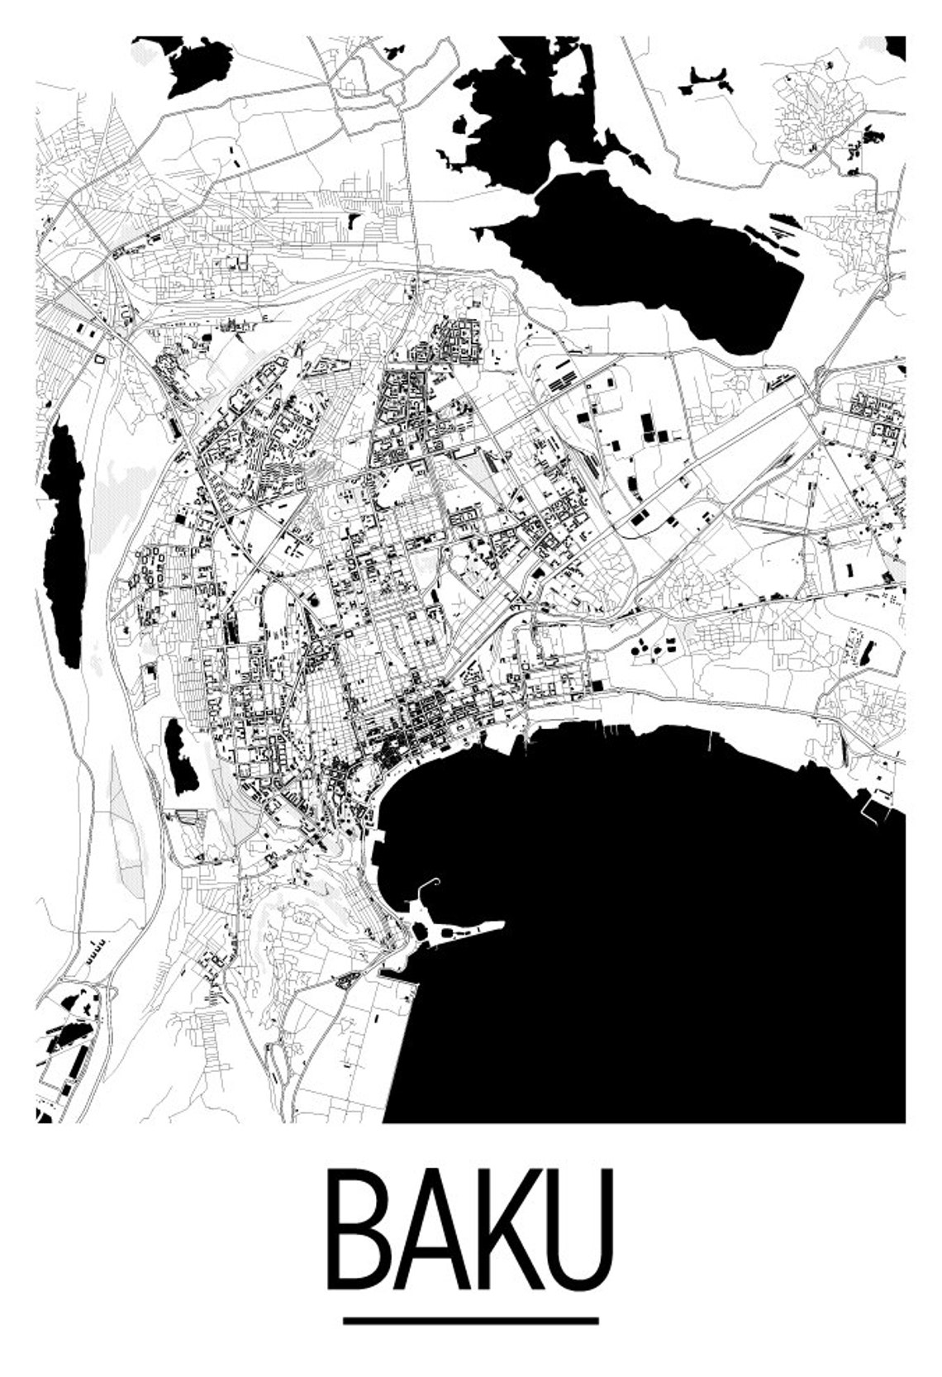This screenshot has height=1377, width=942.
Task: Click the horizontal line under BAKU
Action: click(471, 1321)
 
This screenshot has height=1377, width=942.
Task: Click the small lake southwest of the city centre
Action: click(181, 756)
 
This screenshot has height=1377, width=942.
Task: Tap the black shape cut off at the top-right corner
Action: click(896, 48)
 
